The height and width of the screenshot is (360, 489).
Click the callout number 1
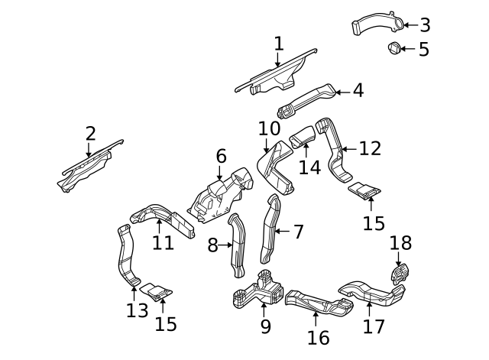click(278, 44)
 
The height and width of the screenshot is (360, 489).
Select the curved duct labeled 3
click(376, 24)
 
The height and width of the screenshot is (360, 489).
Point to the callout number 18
click(400, 244)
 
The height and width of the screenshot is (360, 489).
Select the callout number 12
click(369, 148)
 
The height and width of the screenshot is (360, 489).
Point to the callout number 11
click(162, 243)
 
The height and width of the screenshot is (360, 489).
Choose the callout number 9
click(265, 326)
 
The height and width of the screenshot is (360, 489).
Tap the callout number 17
click(374, 326)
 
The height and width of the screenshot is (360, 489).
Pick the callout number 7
click(298, 230)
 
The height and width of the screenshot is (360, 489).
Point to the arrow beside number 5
click(406, 49)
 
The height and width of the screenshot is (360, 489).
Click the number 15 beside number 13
click(165, 323)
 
